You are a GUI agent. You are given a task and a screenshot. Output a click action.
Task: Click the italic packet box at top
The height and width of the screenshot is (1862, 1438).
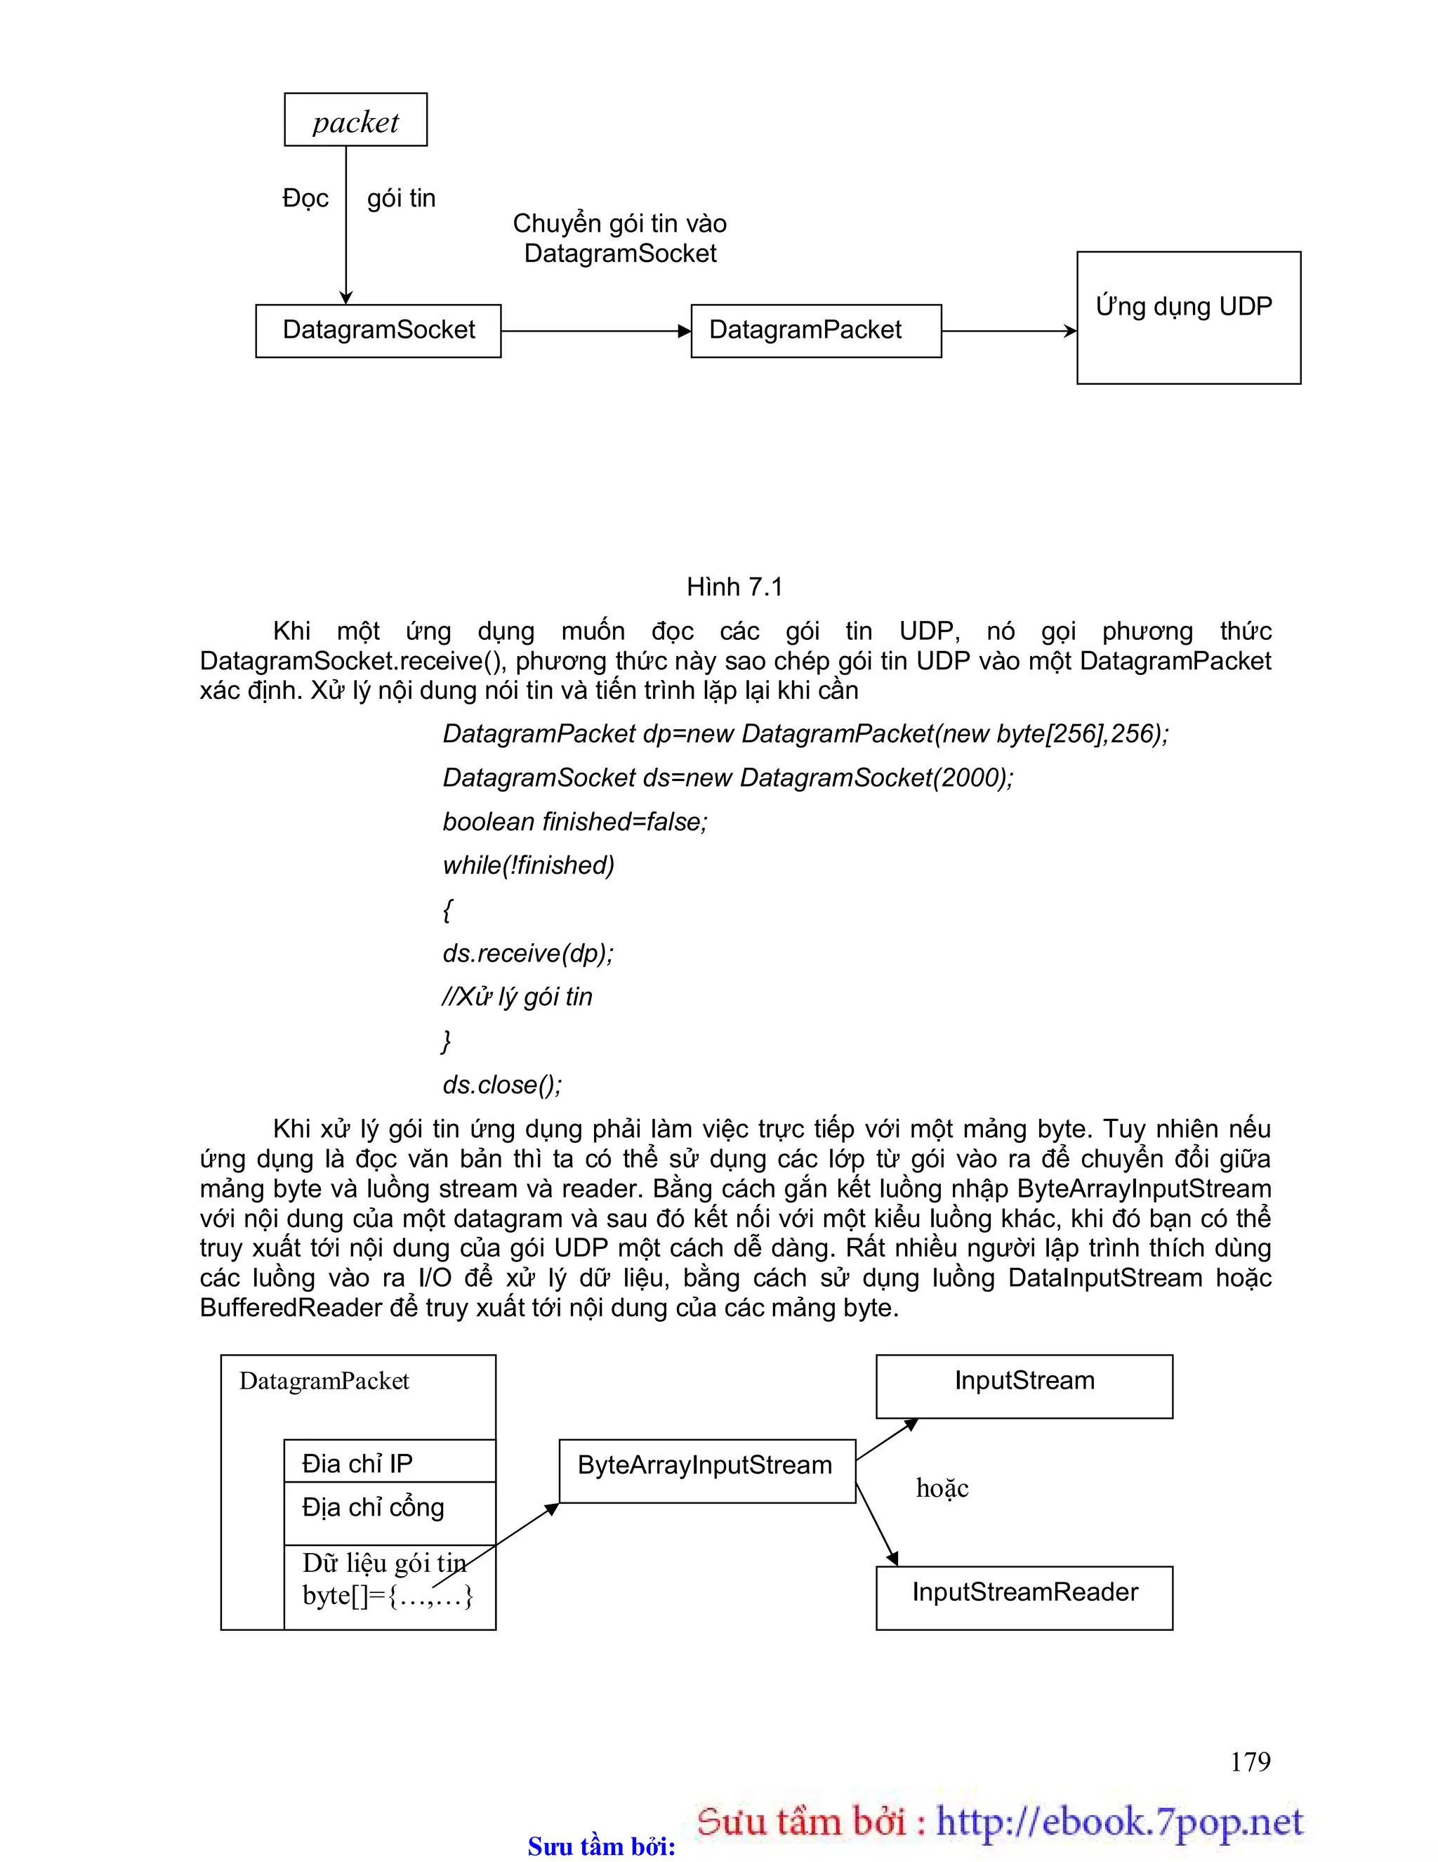pyautogui.click(x=355, y=120)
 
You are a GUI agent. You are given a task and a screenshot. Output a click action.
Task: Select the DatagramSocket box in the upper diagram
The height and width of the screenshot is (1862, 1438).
pyautogui.click(x=378, y=331)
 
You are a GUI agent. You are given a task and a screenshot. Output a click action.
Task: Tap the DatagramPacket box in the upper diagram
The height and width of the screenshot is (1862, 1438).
pyautogui.click(x=816, y=331)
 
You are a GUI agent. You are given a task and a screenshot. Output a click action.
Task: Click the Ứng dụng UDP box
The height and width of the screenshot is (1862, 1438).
pyautogui.click(x=1188, y=317)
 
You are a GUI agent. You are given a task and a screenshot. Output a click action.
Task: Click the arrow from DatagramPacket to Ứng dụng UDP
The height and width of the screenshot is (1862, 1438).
pyautogui.click(x=1008, y=331)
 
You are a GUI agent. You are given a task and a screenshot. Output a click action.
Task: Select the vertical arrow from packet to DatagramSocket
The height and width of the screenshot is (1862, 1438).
pyautogui.click(x=346, y=226)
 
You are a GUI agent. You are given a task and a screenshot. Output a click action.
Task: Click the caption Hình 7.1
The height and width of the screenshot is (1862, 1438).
pyautogui.click(x=734, y=586)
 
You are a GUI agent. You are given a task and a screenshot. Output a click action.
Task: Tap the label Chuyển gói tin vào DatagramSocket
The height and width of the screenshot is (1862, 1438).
pyautogui.click(x=620, y=238)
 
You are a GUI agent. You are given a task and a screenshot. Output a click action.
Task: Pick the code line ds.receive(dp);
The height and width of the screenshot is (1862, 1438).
pyautogui.click(x=527, y=953)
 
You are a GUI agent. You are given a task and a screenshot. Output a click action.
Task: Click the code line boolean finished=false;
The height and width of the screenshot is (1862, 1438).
pyautogui.click(x=574, y=822)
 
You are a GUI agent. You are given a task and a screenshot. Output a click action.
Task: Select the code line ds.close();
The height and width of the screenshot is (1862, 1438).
pyautogui.click(x=502, y=1084)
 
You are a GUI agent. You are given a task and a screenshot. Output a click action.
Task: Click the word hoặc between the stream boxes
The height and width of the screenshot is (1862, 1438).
pyautogui.click(x=942, y=1488)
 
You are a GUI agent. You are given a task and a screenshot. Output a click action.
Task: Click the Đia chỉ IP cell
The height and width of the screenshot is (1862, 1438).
pyautogui.click(x=390, y=1462)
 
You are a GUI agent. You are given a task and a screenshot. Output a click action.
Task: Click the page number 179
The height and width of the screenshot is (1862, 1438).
pyautogui.click(x=1250, y=1761)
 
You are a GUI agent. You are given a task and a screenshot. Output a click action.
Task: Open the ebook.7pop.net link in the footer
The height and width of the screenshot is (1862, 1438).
pyautogui.click(x=1119, y=1821)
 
